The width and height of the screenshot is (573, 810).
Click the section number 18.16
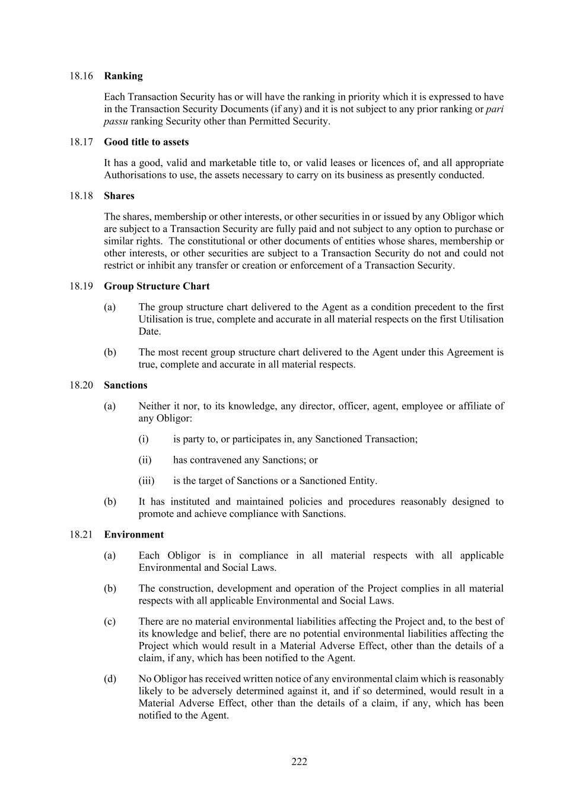(81, 76)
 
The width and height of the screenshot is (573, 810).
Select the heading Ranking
(123, 76)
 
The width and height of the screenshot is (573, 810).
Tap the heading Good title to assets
(146, 142)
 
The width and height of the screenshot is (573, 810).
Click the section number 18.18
(81, 196)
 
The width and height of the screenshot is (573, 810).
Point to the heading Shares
(119, 196)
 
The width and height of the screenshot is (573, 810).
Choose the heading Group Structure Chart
(157, 286)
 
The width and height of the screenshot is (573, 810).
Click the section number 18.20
(81, 385)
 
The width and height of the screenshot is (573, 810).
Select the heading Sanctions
(125, 385)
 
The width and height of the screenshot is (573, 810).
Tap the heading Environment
(133, 535)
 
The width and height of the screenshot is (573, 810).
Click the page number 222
(299, 762)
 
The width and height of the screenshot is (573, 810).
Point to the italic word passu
(116, 121)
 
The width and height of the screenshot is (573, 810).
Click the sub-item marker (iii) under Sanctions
(146, 481)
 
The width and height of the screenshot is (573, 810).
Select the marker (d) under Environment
(110, 679)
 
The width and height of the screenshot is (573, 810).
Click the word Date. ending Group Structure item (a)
(149, 331)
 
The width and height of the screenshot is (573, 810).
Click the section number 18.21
(81, 535)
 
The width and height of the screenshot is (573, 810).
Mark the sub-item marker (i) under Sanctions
(144, 439)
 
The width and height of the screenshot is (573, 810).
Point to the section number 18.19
(81, 286)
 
